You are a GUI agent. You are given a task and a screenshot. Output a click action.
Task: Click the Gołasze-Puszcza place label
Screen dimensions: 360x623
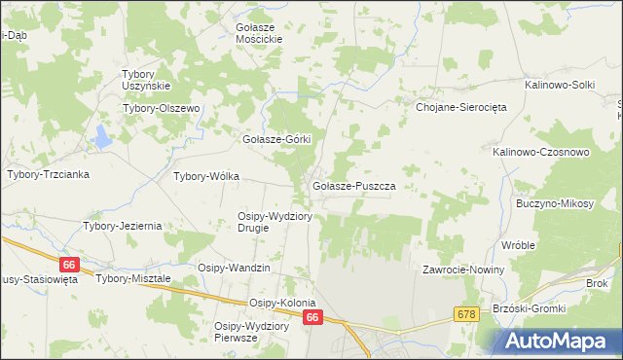point(352,185)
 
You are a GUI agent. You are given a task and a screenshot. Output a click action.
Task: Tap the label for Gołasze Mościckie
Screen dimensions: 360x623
point(259,33)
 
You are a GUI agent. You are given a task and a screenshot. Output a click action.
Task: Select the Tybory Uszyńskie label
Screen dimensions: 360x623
point(146,80)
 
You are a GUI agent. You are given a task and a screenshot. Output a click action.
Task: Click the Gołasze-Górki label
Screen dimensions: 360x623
point(275,139)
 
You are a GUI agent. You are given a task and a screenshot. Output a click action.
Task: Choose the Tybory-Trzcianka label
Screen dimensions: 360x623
point(48,174)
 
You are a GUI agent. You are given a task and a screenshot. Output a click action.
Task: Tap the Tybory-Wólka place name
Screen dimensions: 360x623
point(205,177)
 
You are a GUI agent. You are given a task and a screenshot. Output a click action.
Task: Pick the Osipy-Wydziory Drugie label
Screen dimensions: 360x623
point(275,222)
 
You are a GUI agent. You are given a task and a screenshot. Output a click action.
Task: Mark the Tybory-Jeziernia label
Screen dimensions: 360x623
point(122,226)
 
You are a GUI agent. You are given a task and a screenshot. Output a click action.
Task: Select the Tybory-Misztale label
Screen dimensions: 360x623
point(133,278)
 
